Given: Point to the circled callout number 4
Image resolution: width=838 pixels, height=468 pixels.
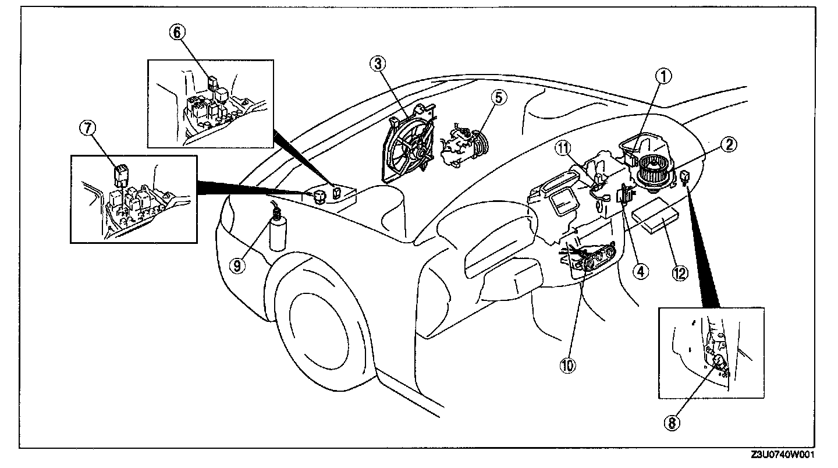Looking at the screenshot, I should (x=641, y=270).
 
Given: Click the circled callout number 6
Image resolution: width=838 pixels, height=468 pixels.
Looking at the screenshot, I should (x=177, y=33).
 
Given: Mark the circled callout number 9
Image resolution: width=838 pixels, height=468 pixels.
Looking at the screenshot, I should (x=239, y=265).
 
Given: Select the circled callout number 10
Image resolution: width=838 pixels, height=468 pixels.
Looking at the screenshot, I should (x=568, y=365).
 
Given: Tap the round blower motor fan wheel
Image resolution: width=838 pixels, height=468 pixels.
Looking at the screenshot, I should (x=654, y=173).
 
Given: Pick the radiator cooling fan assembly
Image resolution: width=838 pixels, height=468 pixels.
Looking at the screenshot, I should (x=409, y=144).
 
